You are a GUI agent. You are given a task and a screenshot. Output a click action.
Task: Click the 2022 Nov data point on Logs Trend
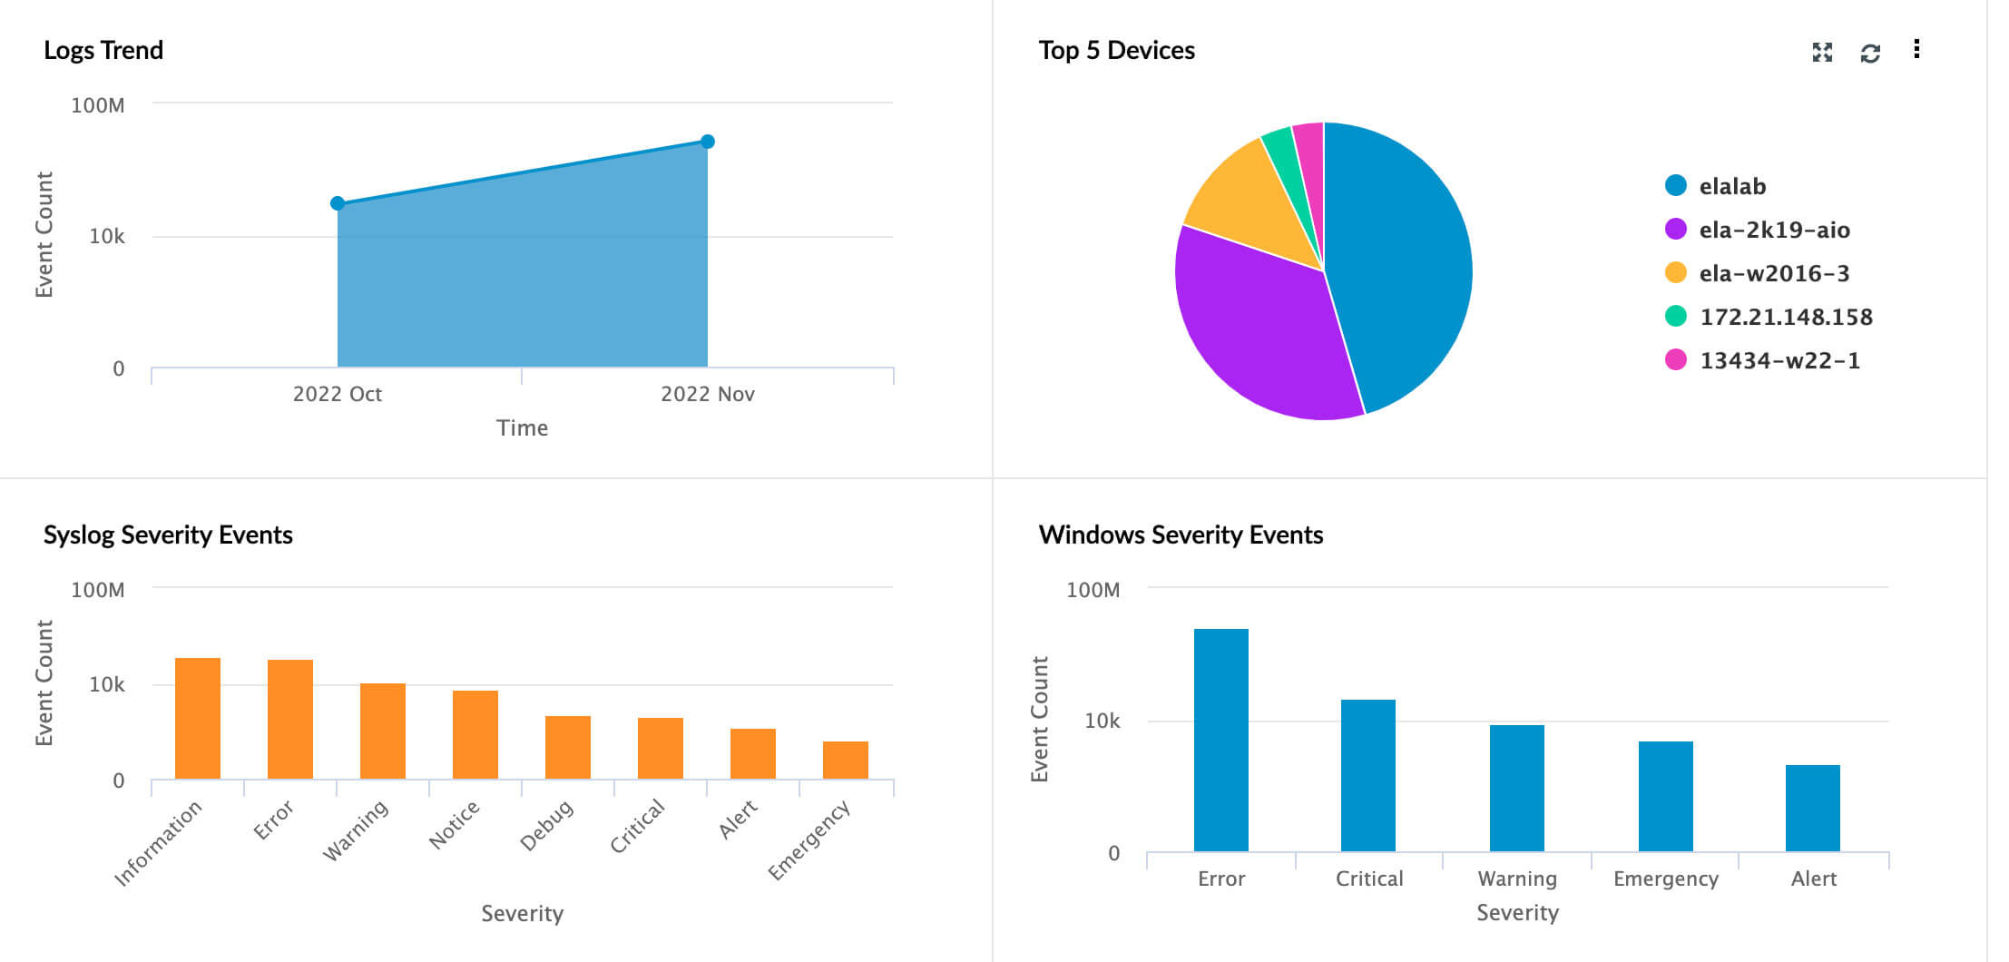tap(708, 142)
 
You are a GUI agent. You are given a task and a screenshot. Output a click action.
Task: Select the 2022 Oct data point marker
tap(338, 203)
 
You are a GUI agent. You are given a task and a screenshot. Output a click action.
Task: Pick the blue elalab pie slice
tap(1397, 263)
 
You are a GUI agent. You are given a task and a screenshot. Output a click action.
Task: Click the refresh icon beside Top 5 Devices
tap(1870, 53)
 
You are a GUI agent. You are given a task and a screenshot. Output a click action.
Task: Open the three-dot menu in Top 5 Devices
tap(1916, 49)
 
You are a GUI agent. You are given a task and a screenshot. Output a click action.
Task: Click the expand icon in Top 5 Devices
tap(1822, 53)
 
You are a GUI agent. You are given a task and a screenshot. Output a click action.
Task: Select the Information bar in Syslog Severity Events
tap(198, 718)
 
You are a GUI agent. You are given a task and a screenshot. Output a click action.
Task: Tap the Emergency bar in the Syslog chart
tap(846, 760)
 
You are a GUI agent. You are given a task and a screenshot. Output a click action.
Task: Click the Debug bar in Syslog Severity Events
tap(568, 747)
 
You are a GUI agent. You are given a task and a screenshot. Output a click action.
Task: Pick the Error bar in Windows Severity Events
tap(1221, 740)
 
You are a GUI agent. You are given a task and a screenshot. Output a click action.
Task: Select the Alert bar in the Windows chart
tap(1813, 808)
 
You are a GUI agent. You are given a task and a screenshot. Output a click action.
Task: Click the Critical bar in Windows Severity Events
tap(1368, 775)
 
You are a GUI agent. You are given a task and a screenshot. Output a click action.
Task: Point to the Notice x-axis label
tap(454, 825)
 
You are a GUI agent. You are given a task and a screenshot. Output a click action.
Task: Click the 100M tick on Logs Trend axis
tap(98, 105)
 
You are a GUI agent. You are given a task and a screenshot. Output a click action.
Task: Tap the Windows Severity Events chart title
tap(1181, 535)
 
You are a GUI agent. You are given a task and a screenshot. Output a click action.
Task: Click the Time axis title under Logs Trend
tap(522, 427)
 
